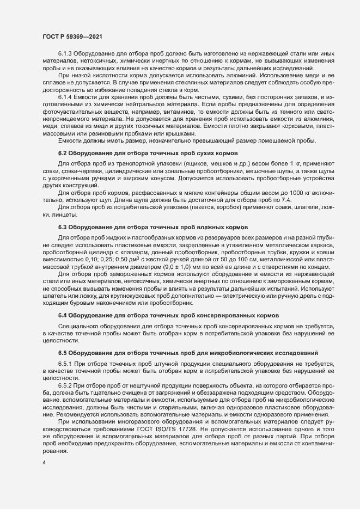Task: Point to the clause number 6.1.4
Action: [x=66, y=96]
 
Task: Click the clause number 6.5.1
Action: [x=66, y=363]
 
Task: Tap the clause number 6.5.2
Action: [x=66, y=385]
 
